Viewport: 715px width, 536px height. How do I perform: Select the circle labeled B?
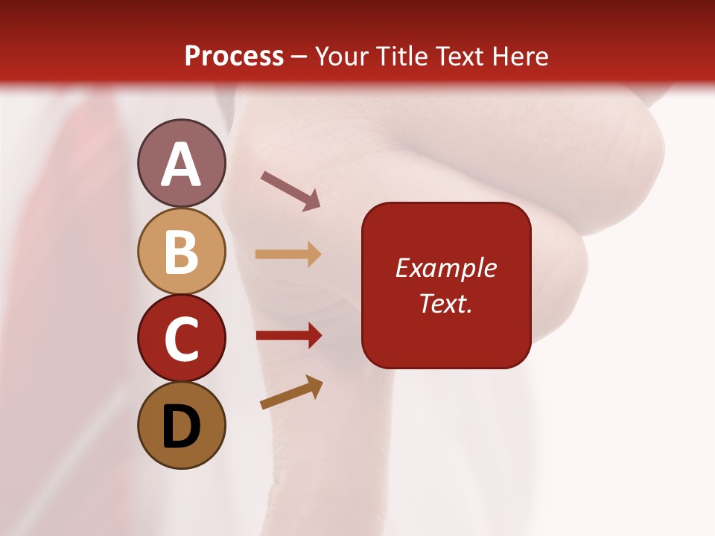click(181, 251)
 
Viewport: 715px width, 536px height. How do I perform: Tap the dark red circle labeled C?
click(181, 338)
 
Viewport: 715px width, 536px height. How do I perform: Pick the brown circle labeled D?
click(181, 425)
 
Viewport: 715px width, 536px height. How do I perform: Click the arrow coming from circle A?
click(290, 189)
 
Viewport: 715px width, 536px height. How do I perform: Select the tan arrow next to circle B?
click(288, 255)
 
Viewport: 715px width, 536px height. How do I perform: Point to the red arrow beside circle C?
click(288, 336)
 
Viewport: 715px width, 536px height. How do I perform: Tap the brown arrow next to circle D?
click(291, 392)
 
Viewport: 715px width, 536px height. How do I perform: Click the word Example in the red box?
click(446, 268)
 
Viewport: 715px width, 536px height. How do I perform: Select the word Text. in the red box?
click(446, 303)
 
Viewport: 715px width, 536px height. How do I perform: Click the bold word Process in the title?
click(234, 57)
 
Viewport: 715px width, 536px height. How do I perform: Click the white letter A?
click(181, 165)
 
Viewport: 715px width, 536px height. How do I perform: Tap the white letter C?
click(181, 340)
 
